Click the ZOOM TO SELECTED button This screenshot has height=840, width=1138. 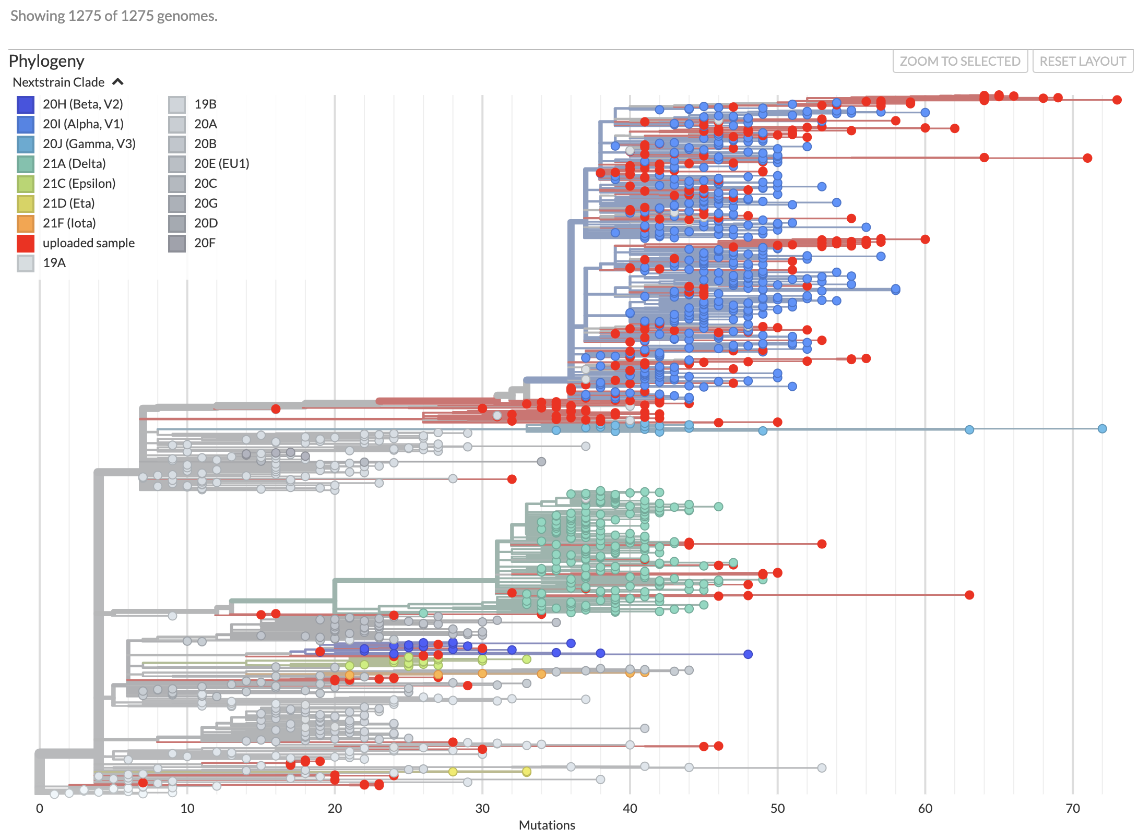pos(959,62)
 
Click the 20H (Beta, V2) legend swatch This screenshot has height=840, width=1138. pos(26,104)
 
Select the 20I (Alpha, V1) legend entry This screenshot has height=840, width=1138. pos(83,124)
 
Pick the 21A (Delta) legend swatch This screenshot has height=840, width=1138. pos(26,164)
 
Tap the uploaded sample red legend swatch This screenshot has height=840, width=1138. pos(26,243)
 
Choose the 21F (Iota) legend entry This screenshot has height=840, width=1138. pos(69,223)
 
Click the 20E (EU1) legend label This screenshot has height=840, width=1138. pos(221,164)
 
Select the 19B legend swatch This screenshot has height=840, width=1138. pos(177,104)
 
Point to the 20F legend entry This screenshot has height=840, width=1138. pos(205,243)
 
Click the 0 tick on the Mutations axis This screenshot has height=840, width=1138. pos(40,809)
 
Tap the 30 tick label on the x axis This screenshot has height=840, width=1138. pos(482,809)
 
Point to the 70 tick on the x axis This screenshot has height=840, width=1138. pos(1073,809)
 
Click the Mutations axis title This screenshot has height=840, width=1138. pos(547,825)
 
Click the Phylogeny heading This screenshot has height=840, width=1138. pos(46,61)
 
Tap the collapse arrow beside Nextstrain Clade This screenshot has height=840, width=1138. pos(118,82)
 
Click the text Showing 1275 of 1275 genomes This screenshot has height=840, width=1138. pos(114,16)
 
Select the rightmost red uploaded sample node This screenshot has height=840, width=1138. pos(1117,100)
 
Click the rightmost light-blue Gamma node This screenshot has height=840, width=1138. pos(1102,429)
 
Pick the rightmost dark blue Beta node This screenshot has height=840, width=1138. pos(748,654)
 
